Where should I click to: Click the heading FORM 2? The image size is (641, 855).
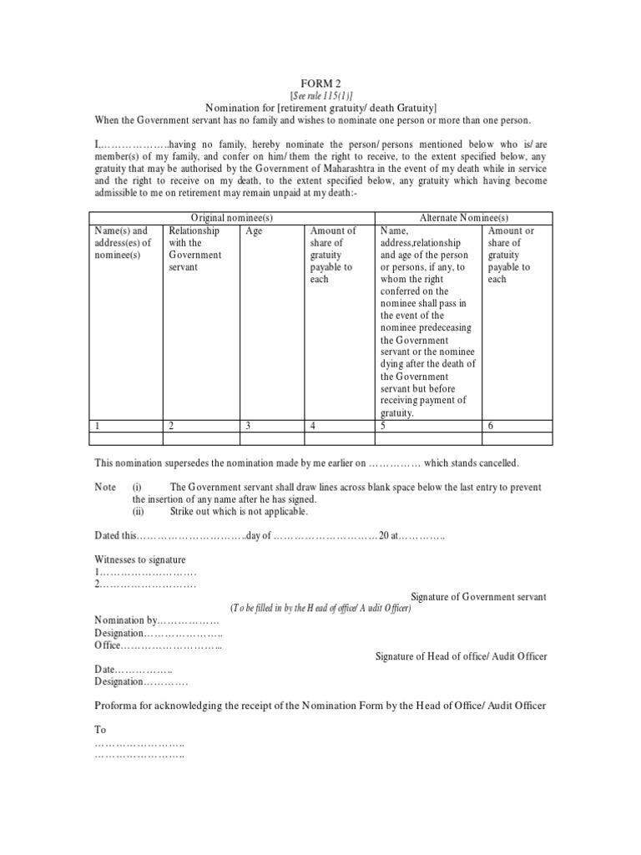coord(321,84)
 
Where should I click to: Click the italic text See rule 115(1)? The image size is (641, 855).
coord(321,96)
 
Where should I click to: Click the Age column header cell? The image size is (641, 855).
coord(254,231)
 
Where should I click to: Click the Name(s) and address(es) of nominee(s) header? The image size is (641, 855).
coord(122,243)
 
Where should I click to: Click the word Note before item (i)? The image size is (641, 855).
coord(105,487)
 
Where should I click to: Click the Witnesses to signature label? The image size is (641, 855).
coord(140,559)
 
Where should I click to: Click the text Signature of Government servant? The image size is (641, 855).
coord(479,597)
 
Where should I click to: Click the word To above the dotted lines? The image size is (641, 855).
coord(101,730)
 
